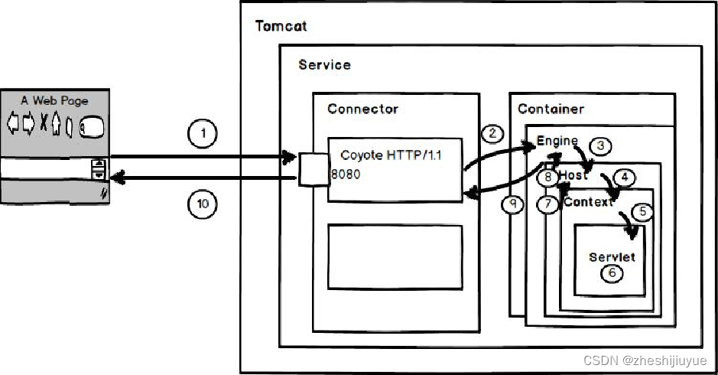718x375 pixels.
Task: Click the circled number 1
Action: (x=203, y=135)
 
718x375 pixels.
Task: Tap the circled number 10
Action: (x=203, y=204)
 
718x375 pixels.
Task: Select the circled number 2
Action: (x=493, y=133)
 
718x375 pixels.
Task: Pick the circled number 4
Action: (x=624, y=178)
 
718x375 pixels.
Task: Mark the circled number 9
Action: (x=513, y=204)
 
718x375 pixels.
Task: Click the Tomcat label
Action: (x=280, y=26)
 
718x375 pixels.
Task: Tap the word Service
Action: (x=324, y=65)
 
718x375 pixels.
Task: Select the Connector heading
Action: (x=362, y=109)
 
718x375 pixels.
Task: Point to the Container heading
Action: (x=551, y=109)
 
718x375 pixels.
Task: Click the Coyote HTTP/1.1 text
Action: (x=391, y=155)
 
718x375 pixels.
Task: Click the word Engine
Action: (x=557, y=142)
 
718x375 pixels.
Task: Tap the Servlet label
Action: (x=612, y=257)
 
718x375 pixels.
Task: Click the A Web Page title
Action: (x=54, y=100)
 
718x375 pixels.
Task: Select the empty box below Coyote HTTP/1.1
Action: (x=395, y=257)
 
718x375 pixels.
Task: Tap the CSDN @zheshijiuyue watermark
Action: (x=645, y=360)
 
